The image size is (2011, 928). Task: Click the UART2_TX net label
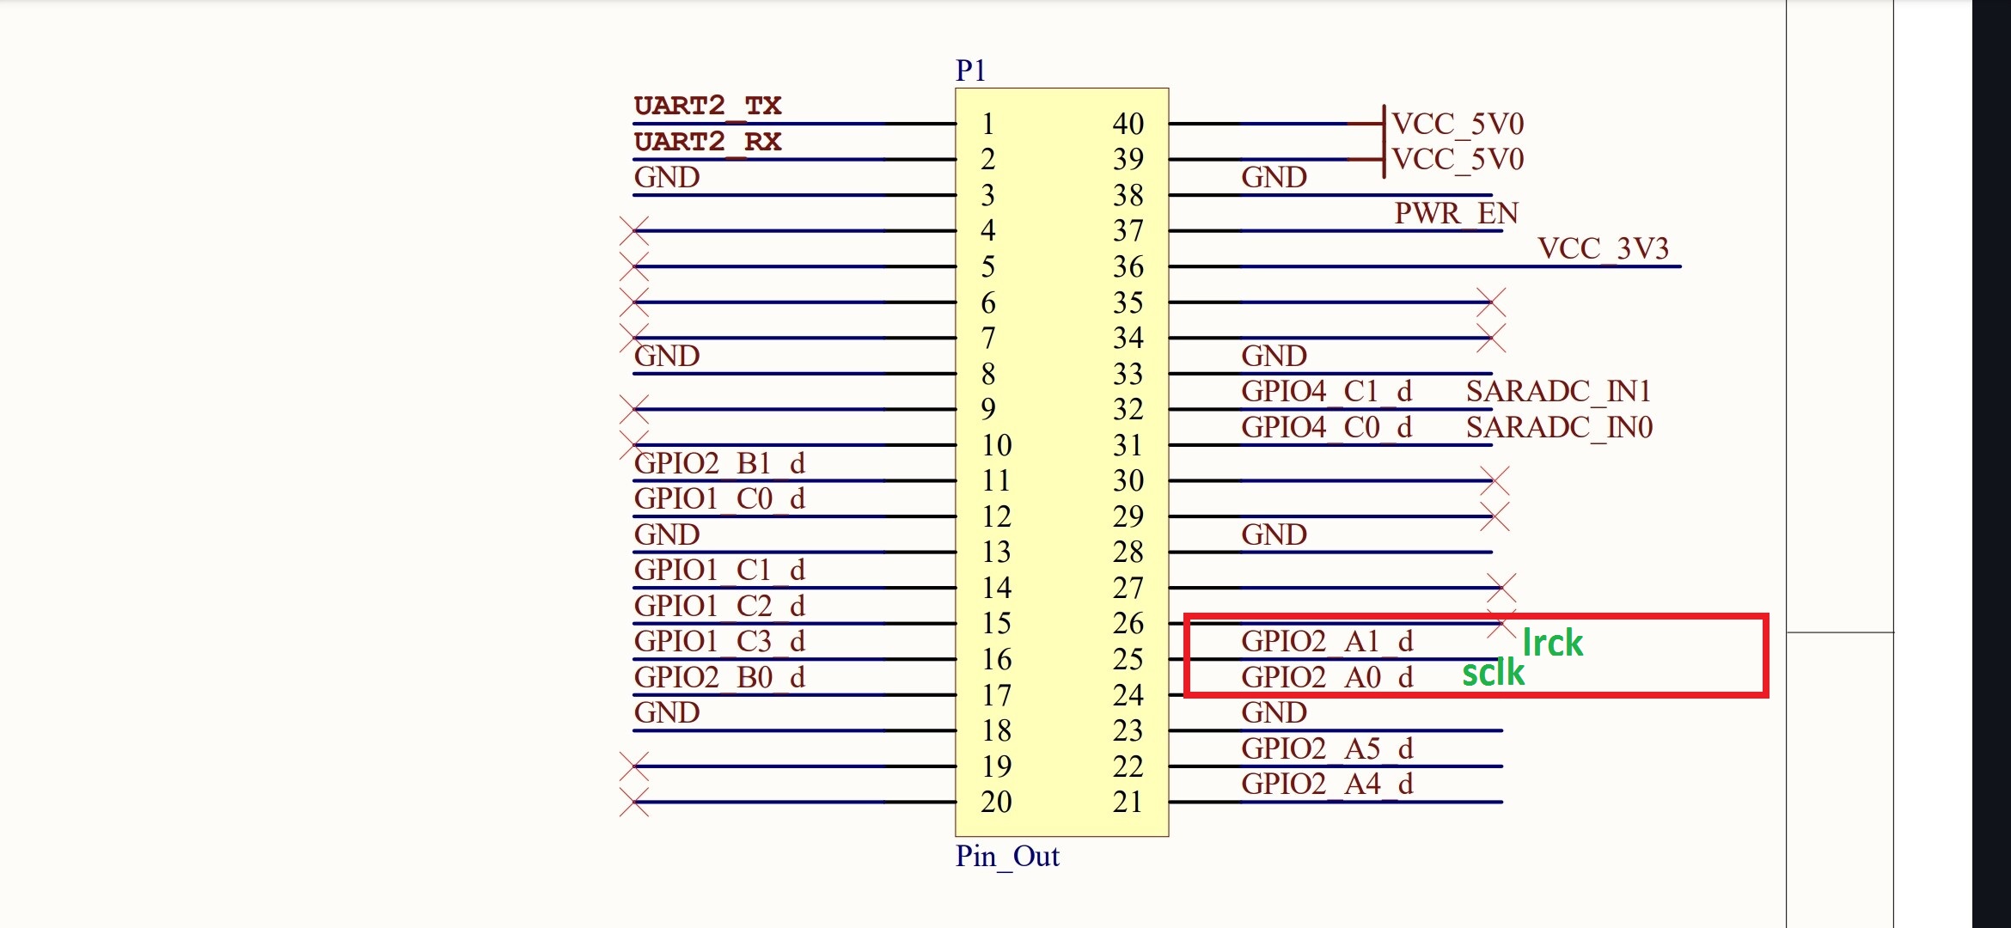coord(707,107)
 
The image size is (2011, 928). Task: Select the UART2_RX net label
coord(707,142)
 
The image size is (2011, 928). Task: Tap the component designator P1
coord(970,70)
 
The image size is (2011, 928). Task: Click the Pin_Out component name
coord(1007,857)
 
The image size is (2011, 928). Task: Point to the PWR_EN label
coord(1456,213)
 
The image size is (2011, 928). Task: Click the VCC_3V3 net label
coord(1603,249)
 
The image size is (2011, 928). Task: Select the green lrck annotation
coord(1552,643)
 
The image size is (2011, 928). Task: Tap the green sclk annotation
coord(1493,673)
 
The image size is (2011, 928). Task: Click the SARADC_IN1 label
coord(1558,392)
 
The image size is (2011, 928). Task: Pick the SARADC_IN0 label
coord(1559,428)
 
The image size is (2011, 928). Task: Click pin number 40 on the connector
coord(1128,124)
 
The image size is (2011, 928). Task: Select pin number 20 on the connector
coord(996,802)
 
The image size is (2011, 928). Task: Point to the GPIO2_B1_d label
coord(719,464)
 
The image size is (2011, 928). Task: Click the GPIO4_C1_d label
coord(1326,392)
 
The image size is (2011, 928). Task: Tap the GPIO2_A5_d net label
coord(1327,749)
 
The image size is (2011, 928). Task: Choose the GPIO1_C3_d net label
coord(719,642)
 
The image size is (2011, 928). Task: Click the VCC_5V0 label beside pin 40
coord(1458,125)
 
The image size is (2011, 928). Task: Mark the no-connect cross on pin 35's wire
coord(1491,302)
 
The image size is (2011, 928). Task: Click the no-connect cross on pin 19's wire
coord(634,766)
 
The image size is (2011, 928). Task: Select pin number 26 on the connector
coord(1128,623)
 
